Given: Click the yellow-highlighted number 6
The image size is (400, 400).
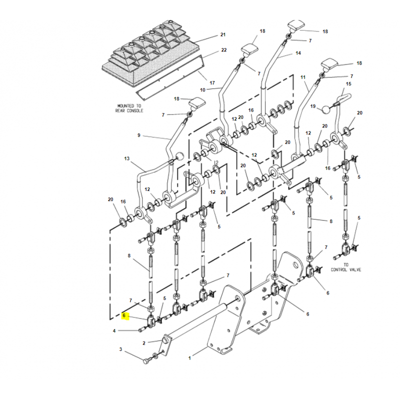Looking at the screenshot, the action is click(x=124, y=315).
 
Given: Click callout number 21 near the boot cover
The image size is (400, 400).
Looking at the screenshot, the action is click(x=223, y=34).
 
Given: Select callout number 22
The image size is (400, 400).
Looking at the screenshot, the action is click(x=223, y=50).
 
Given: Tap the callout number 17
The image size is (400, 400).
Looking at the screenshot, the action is click(x=212, y=82).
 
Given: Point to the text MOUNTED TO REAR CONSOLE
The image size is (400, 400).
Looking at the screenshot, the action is click(x=129, y=108).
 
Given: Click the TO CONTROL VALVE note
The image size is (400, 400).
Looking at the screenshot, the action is click(x=346, y=267).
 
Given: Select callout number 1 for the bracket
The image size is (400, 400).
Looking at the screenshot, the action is click(x=189, y=358).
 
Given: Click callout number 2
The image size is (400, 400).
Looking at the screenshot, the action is click(x=144, y=343).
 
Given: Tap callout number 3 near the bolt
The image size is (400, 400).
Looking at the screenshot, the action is click(x=120, y=349).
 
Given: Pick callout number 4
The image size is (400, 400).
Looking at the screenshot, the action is click(x=114, y=331).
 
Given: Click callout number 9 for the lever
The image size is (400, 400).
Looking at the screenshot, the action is click(x=139, y=135).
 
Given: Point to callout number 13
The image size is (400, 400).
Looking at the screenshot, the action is click(x=127, y=158).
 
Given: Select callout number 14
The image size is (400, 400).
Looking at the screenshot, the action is click(x=298, y=53).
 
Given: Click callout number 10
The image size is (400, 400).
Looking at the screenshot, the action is click(x=202, y=90).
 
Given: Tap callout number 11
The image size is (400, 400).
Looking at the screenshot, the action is click(x=303, y=77).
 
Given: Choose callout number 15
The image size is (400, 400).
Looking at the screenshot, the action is click(x=348, y=83).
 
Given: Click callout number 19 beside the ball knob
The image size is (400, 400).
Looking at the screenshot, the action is click(x=313, y=106).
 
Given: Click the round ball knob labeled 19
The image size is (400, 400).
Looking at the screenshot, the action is click(x=326, y=109).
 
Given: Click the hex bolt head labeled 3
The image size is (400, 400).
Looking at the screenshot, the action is click(x=146, y=361).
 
